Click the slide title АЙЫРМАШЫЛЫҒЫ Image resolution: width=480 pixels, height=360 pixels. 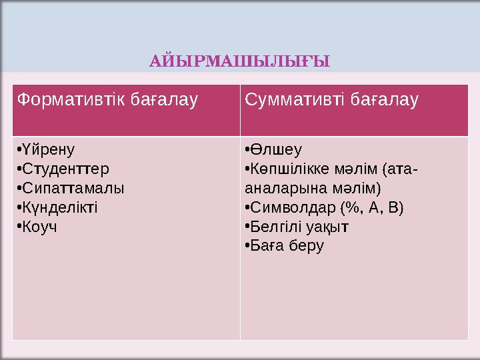[239, 63]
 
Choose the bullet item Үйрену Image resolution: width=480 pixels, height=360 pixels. [49, 149]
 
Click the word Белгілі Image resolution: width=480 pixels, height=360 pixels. [273, 227]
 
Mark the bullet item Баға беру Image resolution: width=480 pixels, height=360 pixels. [287, 246]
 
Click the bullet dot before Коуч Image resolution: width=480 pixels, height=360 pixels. [20, 227]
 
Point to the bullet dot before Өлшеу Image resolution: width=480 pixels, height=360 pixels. [247, 149]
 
